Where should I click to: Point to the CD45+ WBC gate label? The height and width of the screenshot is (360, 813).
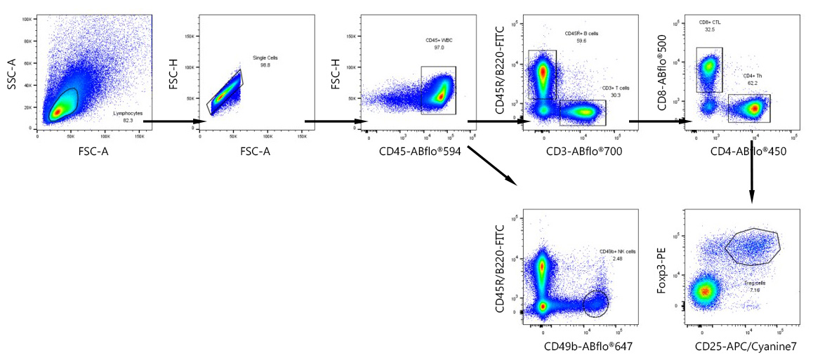click(x=439, y=40)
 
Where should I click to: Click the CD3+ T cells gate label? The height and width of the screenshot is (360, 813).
click(x=616, y=88)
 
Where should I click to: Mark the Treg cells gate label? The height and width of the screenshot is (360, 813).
click(x=755, y=284)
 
